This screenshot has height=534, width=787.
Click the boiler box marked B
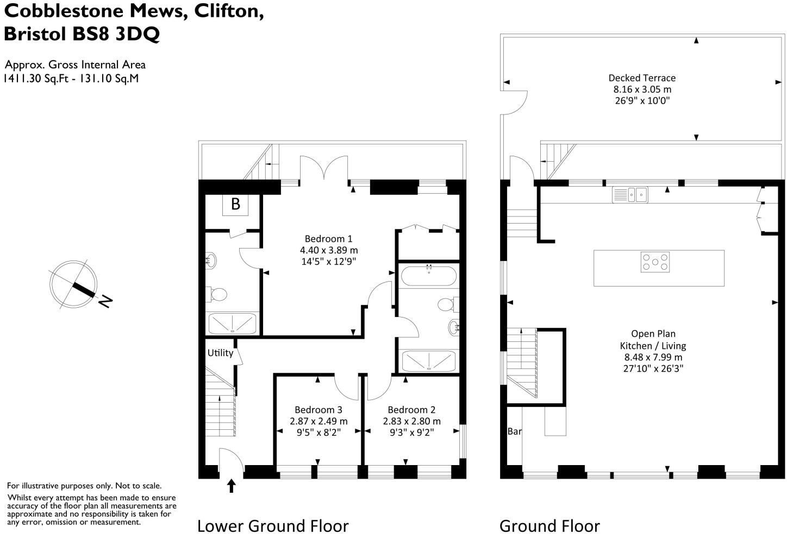click(235, 204)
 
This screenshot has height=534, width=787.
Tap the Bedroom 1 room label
click(328, 239)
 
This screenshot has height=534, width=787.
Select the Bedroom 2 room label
click(411, 410)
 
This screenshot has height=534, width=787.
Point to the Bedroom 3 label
click(318, 410)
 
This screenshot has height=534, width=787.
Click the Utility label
click(220, 353)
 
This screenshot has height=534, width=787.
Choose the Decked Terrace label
click(642, 78)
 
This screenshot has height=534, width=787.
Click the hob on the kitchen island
click(655, 263)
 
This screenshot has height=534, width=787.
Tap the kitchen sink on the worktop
click(630, 194)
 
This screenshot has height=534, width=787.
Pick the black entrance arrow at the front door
click(232, 485)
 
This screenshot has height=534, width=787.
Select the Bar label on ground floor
click(514, 431)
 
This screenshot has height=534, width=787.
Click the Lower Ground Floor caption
click(272, 525)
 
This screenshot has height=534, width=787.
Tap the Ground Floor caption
click(549, 525)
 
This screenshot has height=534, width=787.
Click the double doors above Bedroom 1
click(324, 168)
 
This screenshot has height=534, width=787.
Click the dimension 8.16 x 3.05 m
click(642, 90)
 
